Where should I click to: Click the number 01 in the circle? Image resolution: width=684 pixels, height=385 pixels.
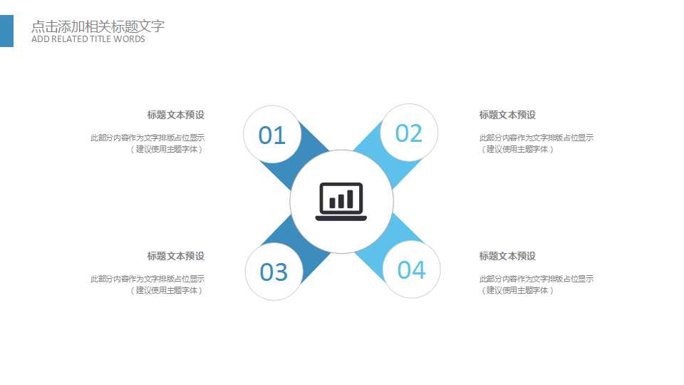(x=271, y=135)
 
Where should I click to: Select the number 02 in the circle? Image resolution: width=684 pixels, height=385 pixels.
(x=409, y=133)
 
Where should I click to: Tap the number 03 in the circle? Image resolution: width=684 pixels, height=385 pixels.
(x=274, y=272)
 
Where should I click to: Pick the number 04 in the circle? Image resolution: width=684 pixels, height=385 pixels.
(x=411, y=269)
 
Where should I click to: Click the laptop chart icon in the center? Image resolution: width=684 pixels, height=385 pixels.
(x=341, y=201)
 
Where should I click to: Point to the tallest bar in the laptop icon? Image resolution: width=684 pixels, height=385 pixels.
(x=351, y=199)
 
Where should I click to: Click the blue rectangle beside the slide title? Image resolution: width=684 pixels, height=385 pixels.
(x=6, y=31)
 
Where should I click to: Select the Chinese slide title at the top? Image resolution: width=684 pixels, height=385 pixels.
(x=98, y=26)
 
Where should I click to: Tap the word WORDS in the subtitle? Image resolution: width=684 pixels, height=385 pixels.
(x=129, y=38)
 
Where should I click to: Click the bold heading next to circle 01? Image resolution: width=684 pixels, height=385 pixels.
(x=176, y=115)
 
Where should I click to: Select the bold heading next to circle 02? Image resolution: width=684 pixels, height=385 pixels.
(x=507, y=115)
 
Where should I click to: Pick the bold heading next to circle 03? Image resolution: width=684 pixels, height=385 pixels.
(x=176, y=256)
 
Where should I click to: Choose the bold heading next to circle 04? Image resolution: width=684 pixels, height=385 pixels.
(x=507, y=256)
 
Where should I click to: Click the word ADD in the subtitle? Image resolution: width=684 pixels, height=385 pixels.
(x=41, y=38)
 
